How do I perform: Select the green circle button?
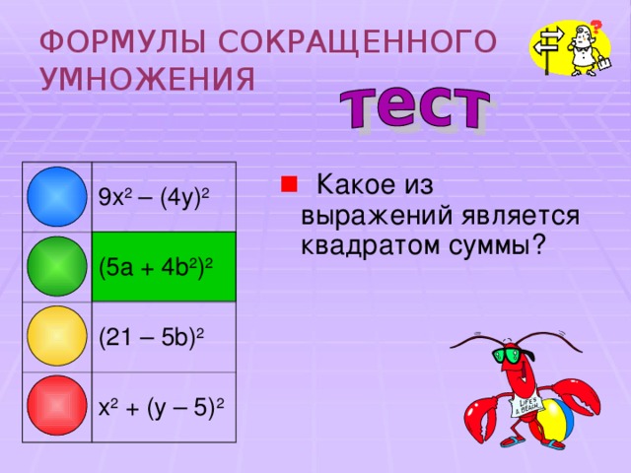point(58,266)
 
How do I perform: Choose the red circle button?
point(58,405)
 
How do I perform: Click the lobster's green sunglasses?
point(512,354)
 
